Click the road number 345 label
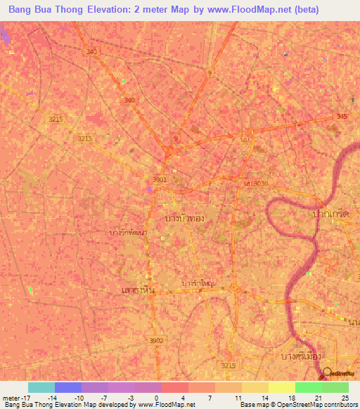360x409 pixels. [342, 116]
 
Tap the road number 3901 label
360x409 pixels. [160, 180]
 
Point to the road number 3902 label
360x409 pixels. [156, 340]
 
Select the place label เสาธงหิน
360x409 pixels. [138, 290]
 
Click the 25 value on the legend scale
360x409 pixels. [343, 398]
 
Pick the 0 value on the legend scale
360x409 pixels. [156, 398]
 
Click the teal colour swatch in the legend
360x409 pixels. [41, 387]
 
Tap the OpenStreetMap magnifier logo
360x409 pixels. [327, 374]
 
